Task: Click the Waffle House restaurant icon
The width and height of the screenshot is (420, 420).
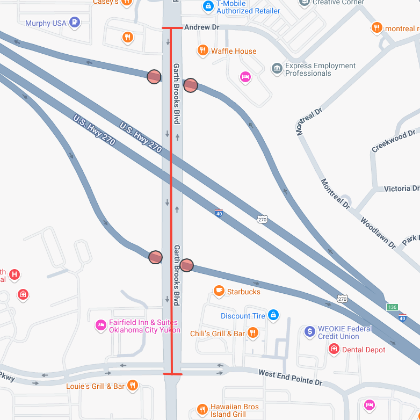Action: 202,51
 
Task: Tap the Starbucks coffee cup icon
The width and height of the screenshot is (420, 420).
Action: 219,291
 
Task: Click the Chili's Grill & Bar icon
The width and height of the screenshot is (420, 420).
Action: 254,334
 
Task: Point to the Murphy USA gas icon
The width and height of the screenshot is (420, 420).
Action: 75,23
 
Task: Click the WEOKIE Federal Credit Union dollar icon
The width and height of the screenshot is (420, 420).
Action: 309,331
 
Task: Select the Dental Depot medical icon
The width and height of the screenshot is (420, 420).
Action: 334,349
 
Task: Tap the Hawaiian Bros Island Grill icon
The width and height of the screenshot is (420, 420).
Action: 202,409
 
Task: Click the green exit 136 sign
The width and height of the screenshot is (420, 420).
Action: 392,307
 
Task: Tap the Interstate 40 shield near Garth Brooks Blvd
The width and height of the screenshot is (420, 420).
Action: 219,213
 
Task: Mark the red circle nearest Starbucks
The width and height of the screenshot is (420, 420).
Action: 186,265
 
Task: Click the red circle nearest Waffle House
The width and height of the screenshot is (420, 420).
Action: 191,85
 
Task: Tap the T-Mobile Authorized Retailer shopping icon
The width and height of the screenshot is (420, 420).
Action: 208,6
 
